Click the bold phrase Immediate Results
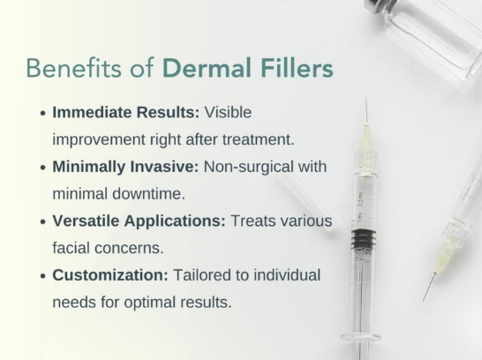click(x=125, y=113)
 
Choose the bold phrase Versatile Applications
click(x=139, y=221)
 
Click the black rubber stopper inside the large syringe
click(x=361, y=239)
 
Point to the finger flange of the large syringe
click(x=359, y=336)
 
